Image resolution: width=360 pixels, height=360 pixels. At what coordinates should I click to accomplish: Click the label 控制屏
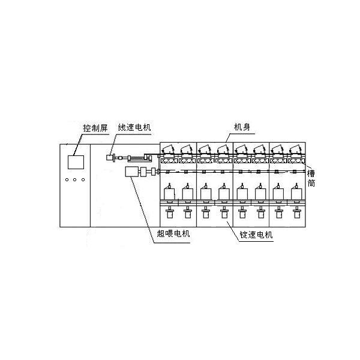pyautogui.click(x=95, y=128)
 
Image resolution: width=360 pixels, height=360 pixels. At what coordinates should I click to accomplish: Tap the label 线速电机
pyautogui.click(x=134, y=127)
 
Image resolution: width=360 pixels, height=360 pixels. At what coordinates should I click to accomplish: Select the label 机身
pyautogui.click(x=242, y=127)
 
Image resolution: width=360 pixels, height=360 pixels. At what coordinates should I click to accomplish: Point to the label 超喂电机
pyautogui.click(x=173, y=233)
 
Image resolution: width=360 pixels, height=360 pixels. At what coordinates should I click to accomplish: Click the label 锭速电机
pyautogui.click(x=256, y=235)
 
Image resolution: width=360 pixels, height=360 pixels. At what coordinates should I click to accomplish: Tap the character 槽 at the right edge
pyautogui.click(x=311, y=173)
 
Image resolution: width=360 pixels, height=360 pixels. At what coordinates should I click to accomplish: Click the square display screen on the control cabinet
pyautogui.click(x=76, y=162)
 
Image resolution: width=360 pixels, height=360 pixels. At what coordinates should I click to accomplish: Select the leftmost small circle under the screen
pyautogui.click(x=67, y=179)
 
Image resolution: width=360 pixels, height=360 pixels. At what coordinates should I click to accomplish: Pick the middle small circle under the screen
pyautogui.click(x=75, y=179)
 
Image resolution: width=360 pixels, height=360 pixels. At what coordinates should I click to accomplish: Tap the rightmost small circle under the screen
pyautogui.click(x=83, y=179)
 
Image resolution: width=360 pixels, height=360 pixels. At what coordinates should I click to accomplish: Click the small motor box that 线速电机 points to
pyautogui.click(x=110, y=157)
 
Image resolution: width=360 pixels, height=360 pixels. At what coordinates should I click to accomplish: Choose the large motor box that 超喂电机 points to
pyautogui.click(x=131, y=172)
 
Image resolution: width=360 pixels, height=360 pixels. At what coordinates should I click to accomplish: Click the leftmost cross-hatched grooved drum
pyautogui.click(x=169, y=161)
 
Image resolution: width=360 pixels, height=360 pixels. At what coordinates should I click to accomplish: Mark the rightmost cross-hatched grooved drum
pyautogui.click(x=296, y=161)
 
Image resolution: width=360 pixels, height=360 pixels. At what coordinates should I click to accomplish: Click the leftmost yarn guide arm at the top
pyautogui.click(x=168, y=148)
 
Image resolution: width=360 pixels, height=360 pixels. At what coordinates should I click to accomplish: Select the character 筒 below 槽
pyautogui.click(x=311, y=183)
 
